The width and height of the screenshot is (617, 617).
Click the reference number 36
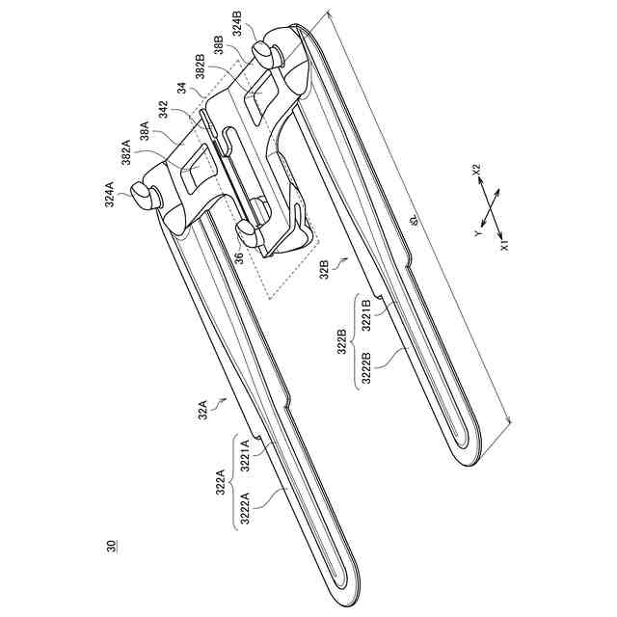[x=238, y=257]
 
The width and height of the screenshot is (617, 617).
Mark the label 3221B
[x=366, y=315]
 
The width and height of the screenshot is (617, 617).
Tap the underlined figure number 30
[x=112, y=547]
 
